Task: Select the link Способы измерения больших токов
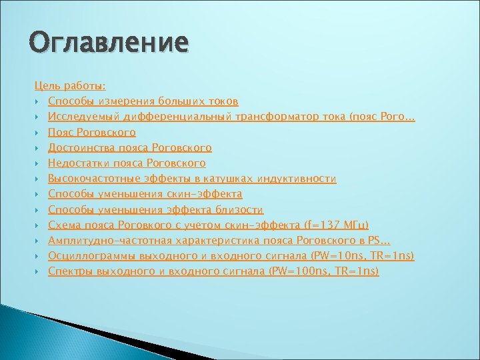[143, 101]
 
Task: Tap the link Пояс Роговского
[92, 132]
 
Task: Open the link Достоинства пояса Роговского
[130, 147]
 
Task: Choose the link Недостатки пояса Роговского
[127, 163]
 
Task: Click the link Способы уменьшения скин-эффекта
[145, 194]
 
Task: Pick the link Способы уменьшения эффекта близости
[156, 209]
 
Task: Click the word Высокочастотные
[91, 179]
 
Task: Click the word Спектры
[70, 271]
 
